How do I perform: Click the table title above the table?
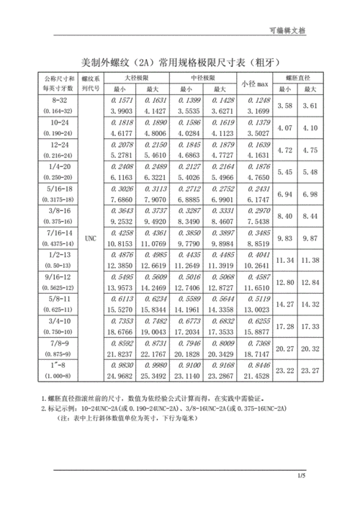point(180,62)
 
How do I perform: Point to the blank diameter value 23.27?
point(311,370)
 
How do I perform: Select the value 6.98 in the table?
point(311,194)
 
